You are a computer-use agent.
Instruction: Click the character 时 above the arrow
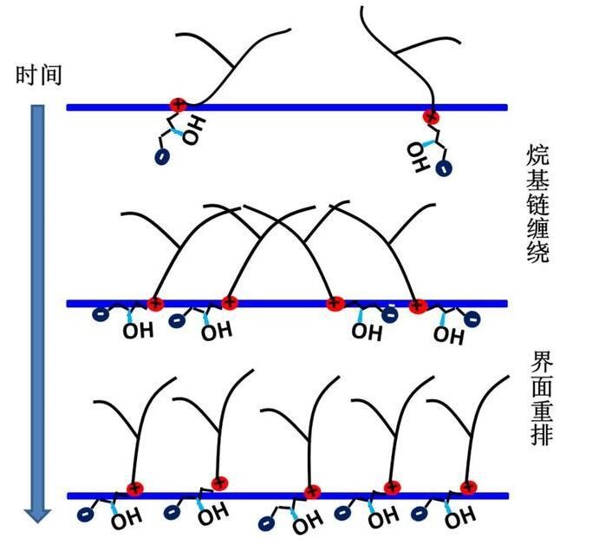26,76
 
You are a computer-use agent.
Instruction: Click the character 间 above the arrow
50,76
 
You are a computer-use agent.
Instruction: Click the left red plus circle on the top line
177,106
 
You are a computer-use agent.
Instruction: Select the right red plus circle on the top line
430,115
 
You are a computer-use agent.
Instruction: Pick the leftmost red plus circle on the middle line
155,303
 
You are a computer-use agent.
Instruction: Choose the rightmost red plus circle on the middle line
417,305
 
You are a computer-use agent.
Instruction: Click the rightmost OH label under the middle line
448,334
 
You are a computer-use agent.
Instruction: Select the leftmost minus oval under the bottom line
86,515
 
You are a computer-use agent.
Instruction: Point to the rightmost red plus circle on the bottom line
468,488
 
